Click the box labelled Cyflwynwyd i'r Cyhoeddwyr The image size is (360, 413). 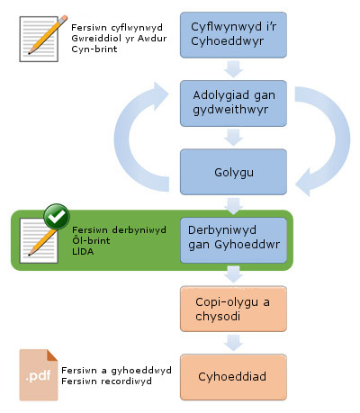(x=233, y=35)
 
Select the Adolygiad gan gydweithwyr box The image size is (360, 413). (x=233, y=103)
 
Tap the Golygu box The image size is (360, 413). (x=233, y=172)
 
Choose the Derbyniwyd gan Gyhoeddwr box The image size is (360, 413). (x=233, y=240)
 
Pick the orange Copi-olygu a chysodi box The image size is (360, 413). (x=233, y=309)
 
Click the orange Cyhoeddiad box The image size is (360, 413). (x=233, y=377)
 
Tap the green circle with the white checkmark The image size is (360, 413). (x=57, y=217)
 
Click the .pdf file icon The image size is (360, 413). (x=39, y=375)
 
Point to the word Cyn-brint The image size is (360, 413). (x=94, y=49)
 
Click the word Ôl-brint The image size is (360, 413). (x=91, y=240)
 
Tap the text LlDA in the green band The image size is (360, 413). (x=83, y=251)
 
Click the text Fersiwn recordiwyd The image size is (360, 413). (x=106, y=382)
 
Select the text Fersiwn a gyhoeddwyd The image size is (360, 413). (x=116, y=371)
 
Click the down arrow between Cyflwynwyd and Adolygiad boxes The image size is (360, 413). (x=233, y=69)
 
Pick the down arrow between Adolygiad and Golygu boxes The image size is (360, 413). (x=233, y=138)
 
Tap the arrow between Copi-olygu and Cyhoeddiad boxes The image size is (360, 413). (x=233, y=343)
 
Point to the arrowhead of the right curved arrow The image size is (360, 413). (x=303, y=183)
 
